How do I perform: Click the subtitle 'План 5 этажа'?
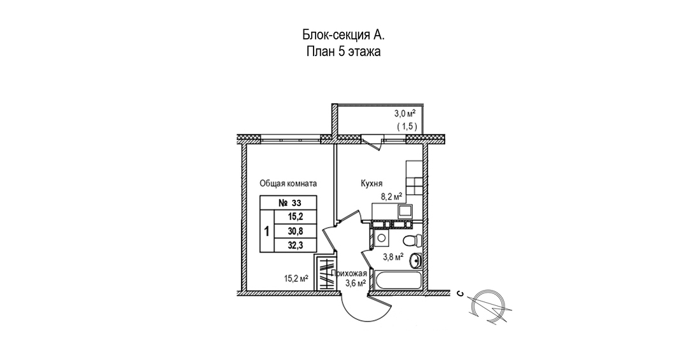tap(343, 52)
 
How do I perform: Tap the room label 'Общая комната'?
tap(288, 183)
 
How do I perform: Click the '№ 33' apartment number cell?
tap(289, 204)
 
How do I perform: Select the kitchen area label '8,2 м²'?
tap(392, 197)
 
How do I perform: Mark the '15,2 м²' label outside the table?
tap(296, 278)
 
